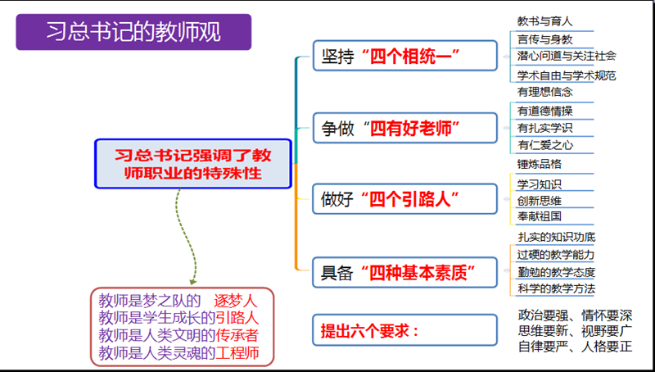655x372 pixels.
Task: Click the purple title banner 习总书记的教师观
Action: (x=133, y=32)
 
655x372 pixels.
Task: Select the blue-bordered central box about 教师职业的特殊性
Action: (x=193, y=163)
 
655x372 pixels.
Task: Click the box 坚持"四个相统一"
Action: (x=404, y=57)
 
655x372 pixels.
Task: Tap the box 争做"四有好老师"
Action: (x=404, y=128)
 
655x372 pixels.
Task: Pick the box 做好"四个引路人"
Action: (x=404, y=199)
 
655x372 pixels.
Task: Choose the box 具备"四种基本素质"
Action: (x=404, y=270)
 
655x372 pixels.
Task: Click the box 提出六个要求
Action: (x=404, y=331)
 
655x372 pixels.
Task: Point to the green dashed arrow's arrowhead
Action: (x=193, y=278)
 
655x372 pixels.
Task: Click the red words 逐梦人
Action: (x=236, y=300)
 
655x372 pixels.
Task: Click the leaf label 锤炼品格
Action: (x=540, y=164)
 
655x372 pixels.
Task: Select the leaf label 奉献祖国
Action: (x=540, y=216)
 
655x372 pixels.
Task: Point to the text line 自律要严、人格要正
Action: (x=576, y=346)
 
